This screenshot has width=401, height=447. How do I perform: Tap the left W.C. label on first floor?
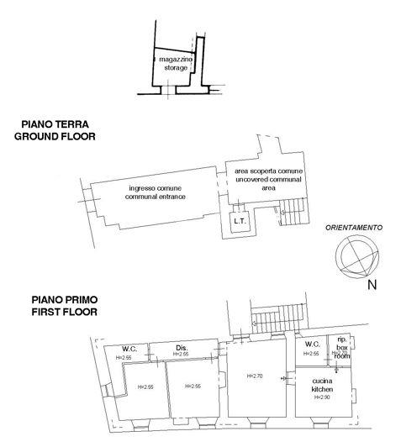coord(129,349)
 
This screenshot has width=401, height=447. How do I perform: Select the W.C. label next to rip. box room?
coord(311,344)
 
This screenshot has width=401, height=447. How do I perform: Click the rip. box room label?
coord(340,347)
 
